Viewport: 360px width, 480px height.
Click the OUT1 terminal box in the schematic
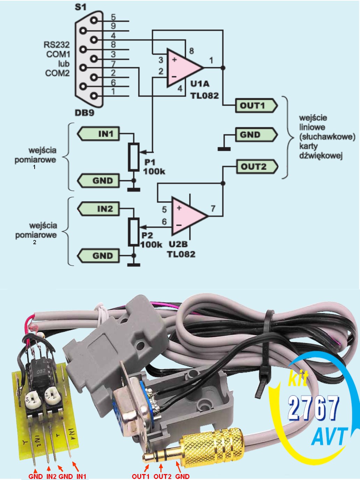click(x=256, y=106)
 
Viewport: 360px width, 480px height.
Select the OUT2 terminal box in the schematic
click(x=257, y=167)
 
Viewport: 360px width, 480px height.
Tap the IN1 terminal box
click(x=98, y=134)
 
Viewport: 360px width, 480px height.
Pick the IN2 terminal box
click(x=98, y=209)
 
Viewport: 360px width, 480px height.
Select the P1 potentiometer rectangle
click(x=134, y=157)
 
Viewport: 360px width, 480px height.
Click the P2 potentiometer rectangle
click(x=134, y=232)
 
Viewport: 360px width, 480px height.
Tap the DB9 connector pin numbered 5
click(x=94, y=21)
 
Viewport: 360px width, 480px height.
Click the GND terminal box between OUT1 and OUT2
click(x=256, y=135)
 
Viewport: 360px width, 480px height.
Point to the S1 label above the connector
click(x=81, y=7)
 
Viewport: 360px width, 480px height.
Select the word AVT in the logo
click(x=329, y=437)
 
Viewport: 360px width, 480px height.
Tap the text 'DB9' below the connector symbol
click(x=85, y=113)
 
